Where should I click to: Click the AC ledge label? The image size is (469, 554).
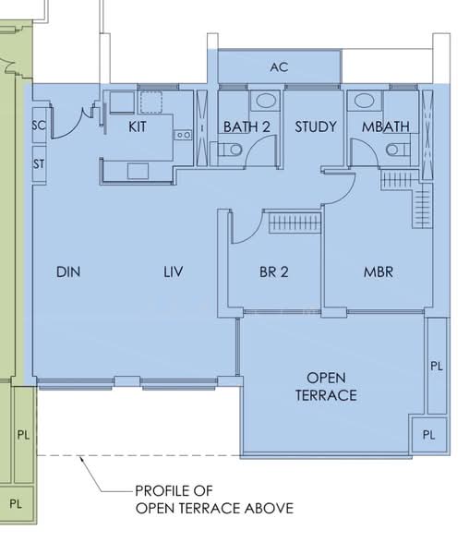278,67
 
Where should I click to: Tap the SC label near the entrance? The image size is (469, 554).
39,126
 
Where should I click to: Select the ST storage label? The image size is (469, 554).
39,163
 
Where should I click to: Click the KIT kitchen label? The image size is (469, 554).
138,126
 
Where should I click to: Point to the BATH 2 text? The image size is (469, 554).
247,126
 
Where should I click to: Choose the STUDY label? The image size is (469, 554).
316,126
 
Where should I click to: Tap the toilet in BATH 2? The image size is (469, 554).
231,151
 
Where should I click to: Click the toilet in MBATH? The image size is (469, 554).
394,150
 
